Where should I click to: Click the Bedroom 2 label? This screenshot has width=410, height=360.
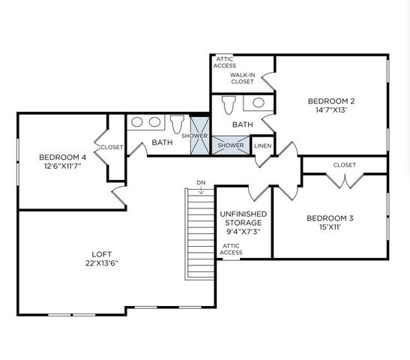(331, 100)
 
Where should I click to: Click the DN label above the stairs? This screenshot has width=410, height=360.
(201, 182)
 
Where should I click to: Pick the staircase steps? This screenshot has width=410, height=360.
(200, 232)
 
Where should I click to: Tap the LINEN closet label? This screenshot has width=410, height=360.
(262, 145)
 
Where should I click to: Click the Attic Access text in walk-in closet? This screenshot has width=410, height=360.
(224, 62)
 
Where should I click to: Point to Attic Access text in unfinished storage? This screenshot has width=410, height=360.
(231, 249)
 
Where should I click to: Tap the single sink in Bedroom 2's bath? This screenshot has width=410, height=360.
(258, 103)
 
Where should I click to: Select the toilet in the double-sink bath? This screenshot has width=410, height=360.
(178, 123)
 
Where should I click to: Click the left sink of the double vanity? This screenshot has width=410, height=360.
(137, 121)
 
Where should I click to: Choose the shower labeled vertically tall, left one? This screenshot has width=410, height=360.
(199, 136)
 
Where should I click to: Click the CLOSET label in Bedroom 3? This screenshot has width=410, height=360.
(344, 165)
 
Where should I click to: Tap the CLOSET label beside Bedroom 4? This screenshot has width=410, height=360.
(112, 148)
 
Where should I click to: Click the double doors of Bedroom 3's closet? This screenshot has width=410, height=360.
(344, 180)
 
